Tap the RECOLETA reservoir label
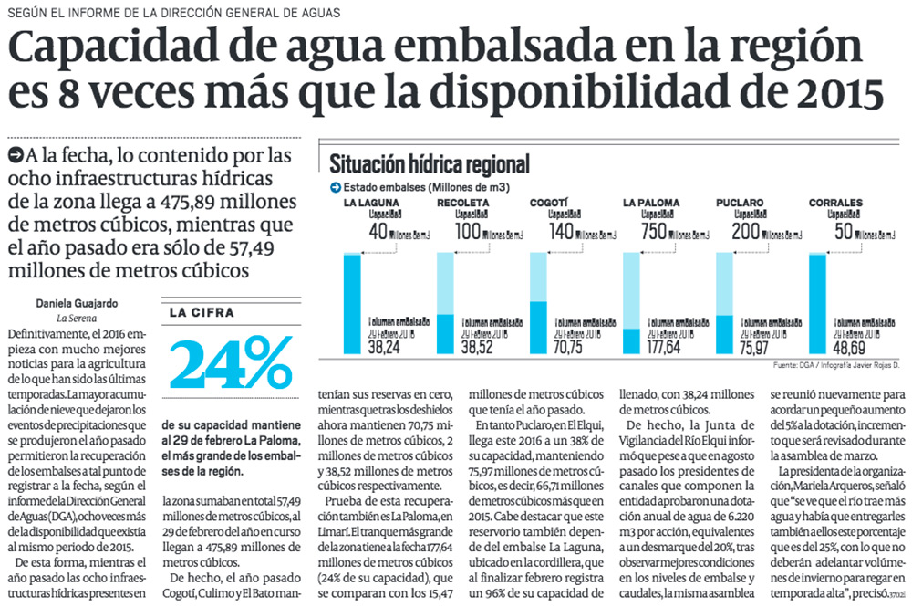coord(463,202)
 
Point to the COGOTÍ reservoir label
coord(549,202)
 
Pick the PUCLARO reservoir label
coord(741,202)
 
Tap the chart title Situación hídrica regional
coord(430,164)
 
